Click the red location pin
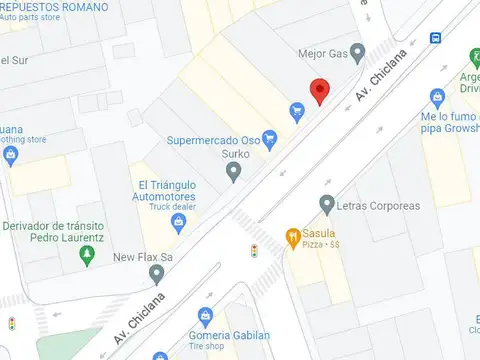(319, 90)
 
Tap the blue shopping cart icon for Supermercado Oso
(297, 112)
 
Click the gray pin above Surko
(234, 174)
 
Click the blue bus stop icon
(436, 38)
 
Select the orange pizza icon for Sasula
(292, 237)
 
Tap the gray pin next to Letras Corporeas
(326, 204)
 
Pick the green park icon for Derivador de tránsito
(87, 255)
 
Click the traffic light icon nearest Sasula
(254, 250)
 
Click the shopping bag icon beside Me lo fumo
(437, 97)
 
